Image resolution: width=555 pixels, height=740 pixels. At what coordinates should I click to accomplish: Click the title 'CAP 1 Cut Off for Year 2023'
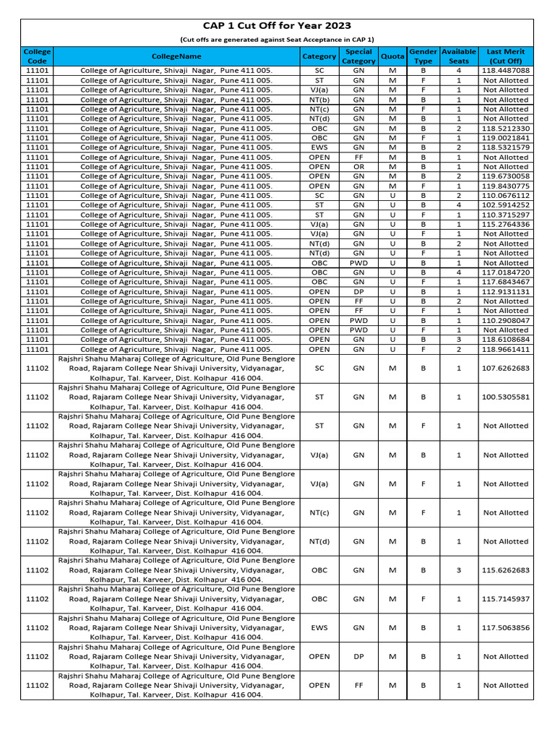tap(277, 26)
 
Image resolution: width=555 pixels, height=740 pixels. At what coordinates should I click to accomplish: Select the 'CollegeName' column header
tap(176, 56)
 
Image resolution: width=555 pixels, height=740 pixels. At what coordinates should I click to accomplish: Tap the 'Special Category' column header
tap(358, 56)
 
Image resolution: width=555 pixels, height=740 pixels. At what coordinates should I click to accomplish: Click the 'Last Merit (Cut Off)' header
tap(505, 56)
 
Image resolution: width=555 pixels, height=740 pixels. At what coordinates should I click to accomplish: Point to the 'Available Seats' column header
tap(458, 56)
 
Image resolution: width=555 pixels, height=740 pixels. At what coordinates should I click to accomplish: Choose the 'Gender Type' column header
tap(423, 56)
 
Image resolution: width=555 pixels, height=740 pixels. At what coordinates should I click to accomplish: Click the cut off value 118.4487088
tap(505, 71)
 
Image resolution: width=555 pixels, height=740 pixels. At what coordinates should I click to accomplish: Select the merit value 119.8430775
tap(505, 186)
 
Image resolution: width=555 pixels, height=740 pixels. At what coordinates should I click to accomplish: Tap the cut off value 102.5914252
tap(505, 205)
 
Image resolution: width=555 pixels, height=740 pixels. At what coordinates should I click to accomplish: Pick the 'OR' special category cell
tap(358, 167)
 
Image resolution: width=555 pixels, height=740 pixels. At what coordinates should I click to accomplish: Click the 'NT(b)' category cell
tap(319, 100)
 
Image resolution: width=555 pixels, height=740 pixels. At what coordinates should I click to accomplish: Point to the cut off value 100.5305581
tap(505, 397)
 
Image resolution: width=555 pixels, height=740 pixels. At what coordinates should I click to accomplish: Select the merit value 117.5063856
tap(505, 628)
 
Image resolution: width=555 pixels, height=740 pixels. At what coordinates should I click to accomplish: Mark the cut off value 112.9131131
tap(505, 292)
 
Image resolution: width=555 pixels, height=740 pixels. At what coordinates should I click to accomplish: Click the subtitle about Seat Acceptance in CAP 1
tap(277, 40)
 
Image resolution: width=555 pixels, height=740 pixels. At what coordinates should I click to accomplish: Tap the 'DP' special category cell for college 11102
tap(358, 657)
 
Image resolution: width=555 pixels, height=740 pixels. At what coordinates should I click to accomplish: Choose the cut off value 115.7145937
tap(505, 599)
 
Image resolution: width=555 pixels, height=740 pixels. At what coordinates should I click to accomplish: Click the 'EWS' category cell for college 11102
tap(319, 628)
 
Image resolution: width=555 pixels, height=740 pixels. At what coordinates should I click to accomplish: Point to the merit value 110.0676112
tap(505, 196)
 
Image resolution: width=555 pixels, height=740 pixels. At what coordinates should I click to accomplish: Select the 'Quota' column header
tap(392, 56)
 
